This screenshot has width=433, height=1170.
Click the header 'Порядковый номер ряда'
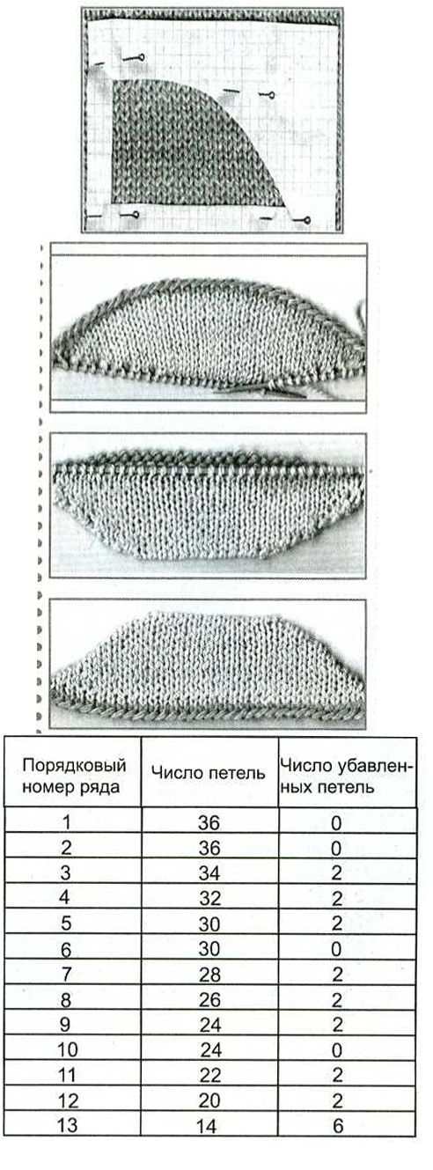click(x=74, y=776)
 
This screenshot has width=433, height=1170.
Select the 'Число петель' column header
click(x=209, y=772)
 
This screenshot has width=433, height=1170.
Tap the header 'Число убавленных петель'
click(x=346, y=776)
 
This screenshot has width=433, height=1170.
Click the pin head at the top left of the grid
click(x=141, y=56)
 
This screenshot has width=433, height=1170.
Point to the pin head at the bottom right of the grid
click(x=307, y=220)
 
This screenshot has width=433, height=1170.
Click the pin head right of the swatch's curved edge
click(x=271, y=94)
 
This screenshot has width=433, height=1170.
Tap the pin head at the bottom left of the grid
click(x=136, y=214)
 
